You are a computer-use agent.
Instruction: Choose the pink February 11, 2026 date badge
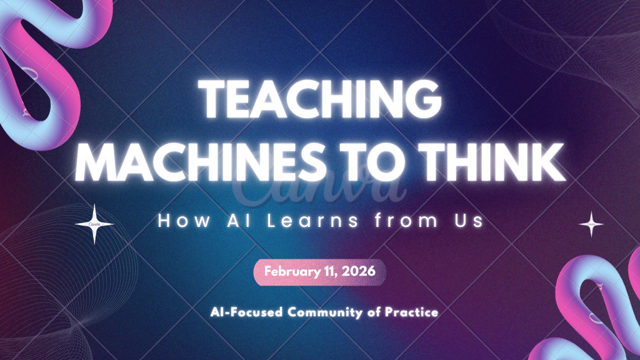pyautogui.click(x=319, y=272)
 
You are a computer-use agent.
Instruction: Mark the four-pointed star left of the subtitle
pyautogui.click(x=94, y=224)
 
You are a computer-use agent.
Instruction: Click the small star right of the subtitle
pyautogui.click(x=591, y=224)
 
